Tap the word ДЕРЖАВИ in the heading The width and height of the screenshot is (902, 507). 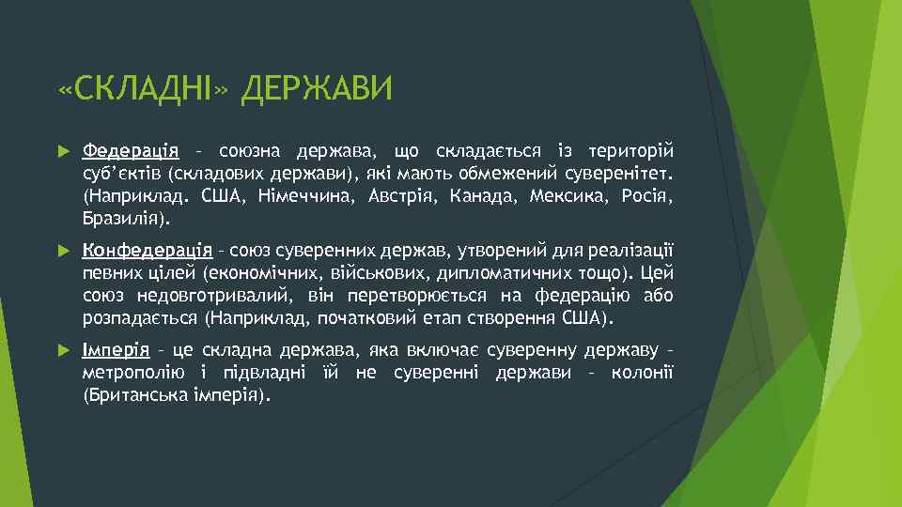(x=315, y=91)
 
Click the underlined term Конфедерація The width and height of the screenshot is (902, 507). (x=148, y=250)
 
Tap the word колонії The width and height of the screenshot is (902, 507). (x=646, y=374)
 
